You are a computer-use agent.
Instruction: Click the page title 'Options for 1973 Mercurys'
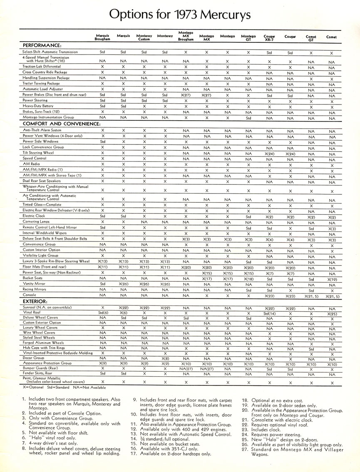180,15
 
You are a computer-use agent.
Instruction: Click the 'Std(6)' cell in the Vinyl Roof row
102,313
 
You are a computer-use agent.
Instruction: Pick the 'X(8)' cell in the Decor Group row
165,358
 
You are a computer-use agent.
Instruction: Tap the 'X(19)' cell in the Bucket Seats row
332,278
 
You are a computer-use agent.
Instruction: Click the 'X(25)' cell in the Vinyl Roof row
332,313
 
